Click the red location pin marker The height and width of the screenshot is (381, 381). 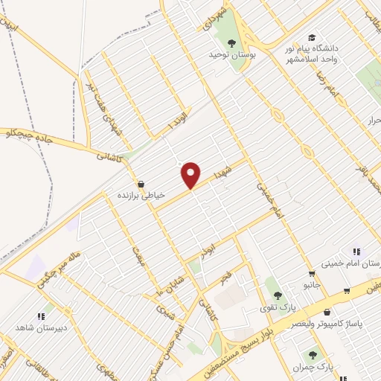pos(191,176)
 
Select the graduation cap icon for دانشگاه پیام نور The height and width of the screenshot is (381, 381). pos(312,37)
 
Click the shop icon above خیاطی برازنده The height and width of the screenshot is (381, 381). pos(141,184)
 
